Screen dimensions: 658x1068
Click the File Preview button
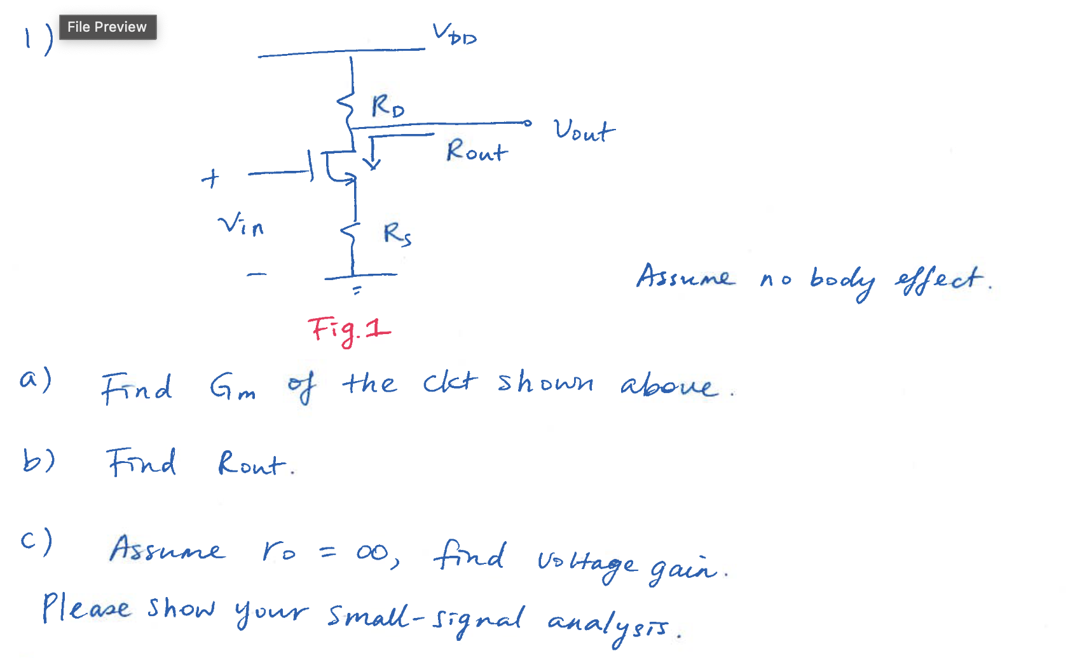107,27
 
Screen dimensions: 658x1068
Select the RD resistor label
387,106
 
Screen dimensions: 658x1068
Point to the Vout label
584,130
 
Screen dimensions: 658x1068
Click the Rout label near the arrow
477,151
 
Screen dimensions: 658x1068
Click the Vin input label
241,225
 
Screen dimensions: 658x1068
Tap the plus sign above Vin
210,178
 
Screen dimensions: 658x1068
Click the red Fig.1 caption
349,330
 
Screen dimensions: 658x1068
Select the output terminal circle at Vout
527,123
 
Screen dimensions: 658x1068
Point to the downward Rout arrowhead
373,164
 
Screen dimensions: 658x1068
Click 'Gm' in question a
233,387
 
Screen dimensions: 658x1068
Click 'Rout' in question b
252,464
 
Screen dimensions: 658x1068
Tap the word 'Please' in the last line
86,608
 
